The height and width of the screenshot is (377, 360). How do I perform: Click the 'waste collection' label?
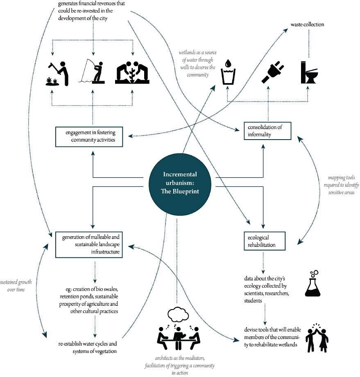click(307, 25)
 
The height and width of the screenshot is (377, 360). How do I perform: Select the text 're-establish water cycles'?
click(88, 346)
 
